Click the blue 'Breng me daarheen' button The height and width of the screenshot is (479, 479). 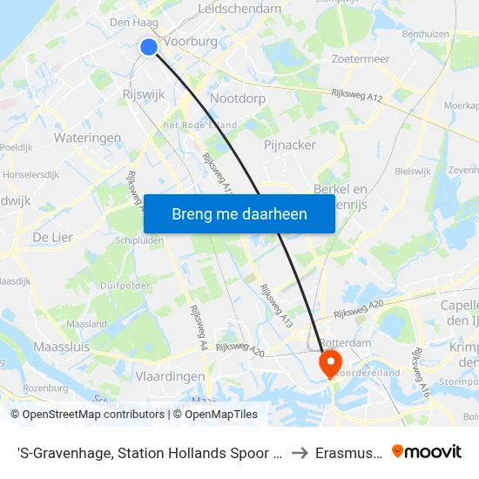click(x=239, y=213)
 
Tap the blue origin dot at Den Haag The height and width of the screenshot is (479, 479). click(x=149, y=47)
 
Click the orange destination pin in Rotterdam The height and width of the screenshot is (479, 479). click(x=331, y=362)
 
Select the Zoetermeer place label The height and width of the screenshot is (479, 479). click(x=361, y=58)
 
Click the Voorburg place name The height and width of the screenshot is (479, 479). click(x=191, y=40)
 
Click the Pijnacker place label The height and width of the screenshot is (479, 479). click(x=289, y=145)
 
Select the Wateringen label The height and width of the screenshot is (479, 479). click(x=87, y=138)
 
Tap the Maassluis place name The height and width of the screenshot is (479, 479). click(x=61, y=347)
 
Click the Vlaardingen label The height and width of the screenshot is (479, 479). click(x=171, y=376)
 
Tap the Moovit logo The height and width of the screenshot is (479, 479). click(x=427, y=451)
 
